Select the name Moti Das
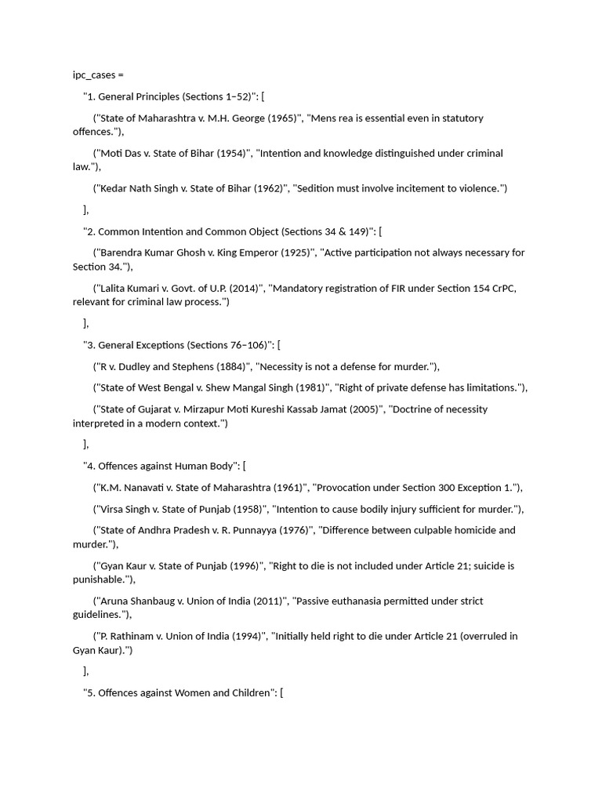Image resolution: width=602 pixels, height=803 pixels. pos(116,154)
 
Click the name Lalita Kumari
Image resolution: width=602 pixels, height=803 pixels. pos(129,289)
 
